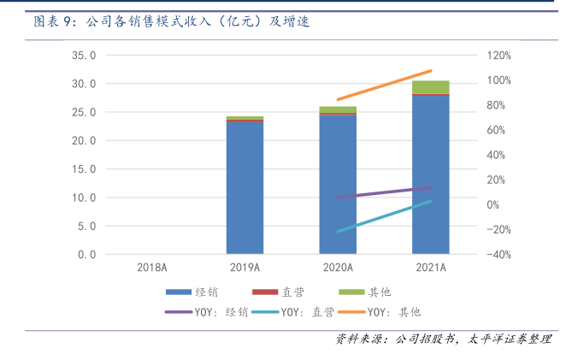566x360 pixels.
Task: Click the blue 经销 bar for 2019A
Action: pos(245,188)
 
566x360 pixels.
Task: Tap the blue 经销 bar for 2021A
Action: pos(431,174)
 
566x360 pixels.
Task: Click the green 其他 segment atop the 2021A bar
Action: pos(431,86)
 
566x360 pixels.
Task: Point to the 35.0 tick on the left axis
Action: pos(83,56)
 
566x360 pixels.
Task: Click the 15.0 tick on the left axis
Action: pos(83,169)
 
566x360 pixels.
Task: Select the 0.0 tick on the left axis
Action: pos(86,255)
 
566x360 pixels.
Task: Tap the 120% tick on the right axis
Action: pos(499,56)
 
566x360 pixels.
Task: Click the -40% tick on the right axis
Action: pos(499,255)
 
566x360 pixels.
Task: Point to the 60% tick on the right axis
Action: pos(499,130)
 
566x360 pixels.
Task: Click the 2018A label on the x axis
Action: pos(151,268)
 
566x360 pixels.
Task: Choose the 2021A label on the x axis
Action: pos(431,268)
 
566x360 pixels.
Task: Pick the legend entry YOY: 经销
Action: pos(206,311)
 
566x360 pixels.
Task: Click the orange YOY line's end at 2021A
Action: pos(431,71)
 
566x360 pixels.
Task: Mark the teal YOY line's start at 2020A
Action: pos(339,231)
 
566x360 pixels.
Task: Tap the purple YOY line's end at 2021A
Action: pos(431,187)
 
